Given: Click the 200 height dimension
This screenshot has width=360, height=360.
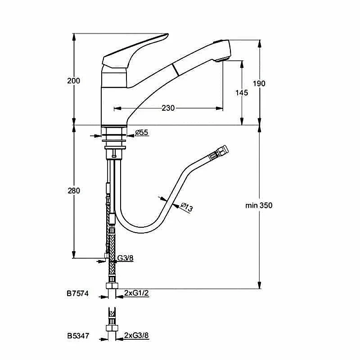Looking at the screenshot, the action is (x=73, y=81).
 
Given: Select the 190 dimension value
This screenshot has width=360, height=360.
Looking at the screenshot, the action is (x=259, y=83).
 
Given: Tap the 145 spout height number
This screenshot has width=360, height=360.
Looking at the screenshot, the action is (x=242, y=93).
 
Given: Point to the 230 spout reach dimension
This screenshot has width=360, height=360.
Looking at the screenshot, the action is (x=168, y=108).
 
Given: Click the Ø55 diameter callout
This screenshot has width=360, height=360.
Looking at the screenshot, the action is (x=142, y=132).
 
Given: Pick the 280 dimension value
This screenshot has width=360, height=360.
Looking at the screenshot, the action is (x=74, y=190).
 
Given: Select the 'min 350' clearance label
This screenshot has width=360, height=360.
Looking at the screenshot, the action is (x=259, y=205).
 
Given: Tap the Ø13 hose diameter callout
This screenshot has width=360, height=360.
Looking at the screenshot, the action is (x=186, y=207).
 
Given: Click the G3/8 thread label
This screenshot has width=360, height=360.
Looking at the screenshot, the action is (x=125, y=258).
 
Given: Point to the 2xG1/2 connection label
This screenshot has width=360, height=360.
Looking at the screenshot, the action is (x=136, y=293).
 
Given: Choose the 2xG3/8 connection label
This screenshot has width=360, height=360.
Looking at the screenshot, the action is (x=136, y=335).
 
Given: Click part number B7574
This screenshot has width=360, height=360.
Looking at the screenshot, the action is (x=77, y=293).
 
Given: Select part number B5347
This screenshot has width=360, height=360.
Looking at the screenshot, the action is (x=78, y=336).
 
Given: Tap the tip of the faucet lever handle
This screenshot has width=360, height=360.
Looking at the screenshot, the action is (x=168, y=35).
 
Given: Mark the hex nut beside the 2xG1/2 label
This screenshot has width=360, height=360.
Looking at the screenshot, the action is (x=112, y=286).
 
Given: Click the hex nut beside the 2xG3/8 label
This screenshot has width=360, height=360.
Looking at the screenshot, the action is (x=112, y=328).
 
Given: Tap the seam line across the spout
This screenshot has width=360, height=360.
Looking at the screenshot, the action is (x=176, y=70).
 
